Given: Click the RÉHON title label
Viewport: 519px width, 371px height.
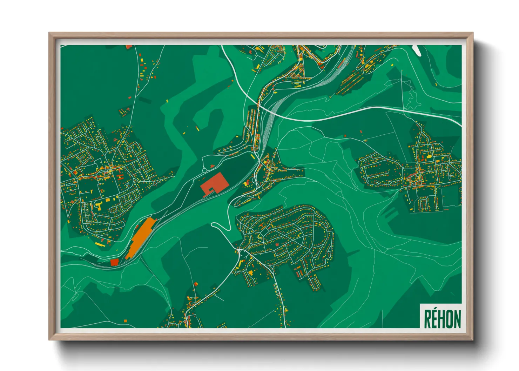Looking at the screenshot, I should coord(442,318).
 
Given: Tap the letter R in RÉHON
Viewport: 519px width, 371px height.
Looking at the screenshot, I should coord(427,319).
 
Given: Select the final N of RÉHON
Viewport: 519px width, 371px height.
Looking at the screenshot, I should coord(457,319).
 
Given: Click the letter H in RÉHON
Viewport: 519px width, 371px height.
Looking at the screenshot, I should coord(442,319).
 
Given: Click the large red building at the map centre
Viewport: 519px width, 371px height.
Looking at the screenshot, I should coord(214,183).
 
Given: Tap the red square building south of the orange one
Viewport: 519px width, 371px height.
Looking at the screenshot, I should coord(114,262).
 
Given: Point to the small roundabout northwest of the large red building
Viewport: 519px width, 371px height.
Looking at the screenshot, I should coord(204,171).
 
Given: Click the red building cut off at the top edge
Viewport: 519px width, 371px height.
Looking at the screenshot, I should coord(129,46).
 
